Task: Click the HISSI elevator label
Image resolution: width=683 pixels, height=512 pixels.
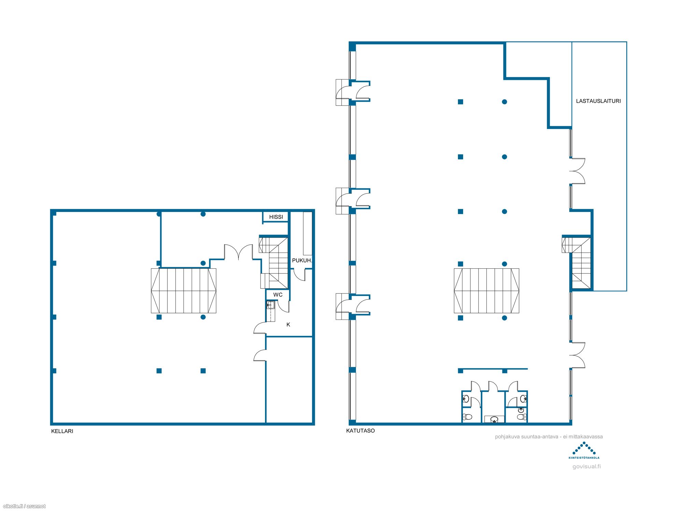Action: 276,217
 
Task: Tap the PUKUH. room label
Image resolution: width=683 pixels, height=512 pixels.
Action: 302,260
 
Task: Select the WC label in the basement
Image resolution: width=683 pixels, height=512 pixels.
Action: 278,295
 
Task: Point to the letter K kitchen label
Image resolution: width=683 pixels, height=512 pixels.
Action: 288,325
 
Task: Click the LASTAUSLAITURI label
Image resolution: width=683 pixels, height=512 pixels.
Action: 598,101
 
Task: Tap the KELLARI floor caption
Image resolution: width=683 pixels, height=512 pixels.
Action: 62,431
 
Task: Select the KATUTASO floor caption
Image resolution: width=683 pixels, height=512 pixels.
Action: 360,431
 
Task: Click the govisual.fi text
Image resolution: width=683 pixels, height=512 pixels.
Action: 586,467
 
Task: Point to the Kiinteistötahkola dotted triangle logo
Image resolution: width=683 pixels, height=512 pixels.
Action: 584,449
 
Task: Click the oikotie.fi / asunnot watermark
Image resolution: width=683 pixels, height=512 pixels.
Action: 24,506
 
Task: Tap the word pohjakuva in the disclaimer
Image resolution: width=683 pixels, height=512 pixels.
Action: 507,437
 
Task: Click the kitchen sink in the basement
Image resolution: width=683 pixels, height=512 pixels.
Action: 270,305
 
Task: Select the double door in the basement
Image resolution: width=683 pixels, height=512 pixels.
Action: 238,252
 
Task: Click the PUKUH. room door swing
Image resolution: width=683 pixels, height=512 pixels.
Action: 299,275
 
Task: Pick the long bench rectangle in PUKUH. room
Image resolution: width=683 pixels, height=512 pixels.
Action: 308,233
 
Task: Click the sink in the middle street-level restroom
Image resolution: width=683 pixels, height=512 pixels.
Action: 494,419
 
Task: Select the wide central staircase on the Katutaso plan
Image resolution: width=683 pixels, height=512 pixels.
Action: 486,291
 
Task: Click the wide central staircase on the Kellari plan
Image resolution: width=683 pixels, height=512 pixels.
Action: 184,291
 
